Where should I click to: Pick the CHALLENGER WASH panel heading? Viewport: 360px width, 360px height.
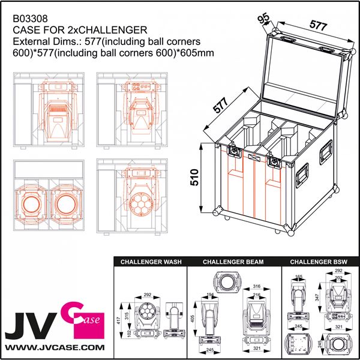click(x=151, y=262)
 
